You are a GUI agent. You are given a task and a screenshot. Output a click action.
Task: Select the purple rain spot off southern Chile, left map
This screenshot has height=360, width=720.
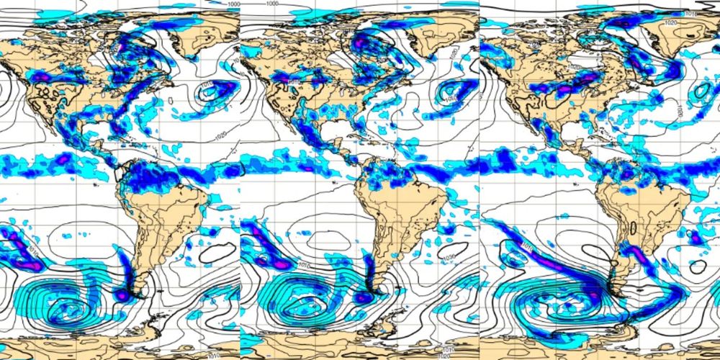point(122,294)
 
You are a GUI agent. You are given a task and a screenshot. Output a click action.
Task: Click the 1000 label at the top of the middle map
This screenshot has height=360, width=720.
point(272,4)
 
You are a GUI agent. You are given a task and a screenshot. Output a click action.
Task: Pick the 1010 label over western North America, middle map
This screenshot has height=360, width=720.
point(294,82)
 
